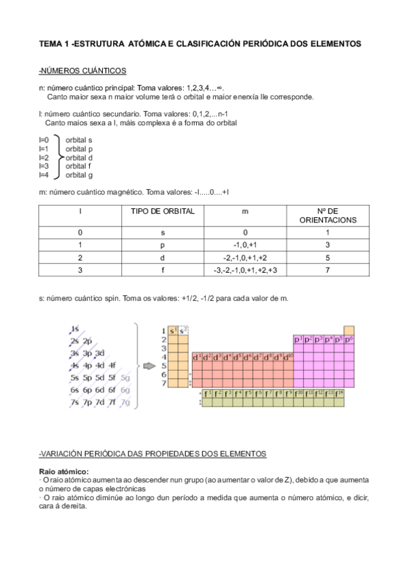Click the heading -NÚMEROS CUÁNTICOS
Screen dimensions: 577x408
click(82, 71)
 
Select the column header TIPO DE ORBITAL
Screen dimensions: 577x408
click(163, 211)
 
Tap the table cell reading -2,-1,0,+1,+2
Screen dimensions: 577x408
click(245, 258)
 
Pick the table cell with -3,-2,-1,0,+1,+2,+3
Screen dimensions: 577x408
click(245, 270)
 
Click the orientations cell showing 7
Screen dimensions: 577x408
click(327, 270)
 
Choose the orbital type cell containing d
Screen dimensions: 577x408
click(163, 258)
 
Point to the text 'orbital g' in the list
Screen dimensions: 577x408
click(79, 175)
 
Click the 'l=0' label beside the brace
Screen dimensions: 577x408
click(44, 139)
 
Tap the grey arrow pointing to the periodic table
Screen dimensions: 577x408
click(148, 365)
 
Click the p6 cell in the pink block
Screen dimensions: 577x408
click(349, 339)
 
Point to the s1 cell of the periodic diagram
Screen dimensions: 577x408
click(173, 330)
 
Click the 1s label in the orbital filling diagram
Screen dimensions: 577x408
click(75, 328)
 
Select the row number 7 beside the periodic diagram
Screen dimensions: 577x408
click(163, 383)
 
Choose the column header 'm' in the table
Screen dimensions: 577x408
click(245, 211)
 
